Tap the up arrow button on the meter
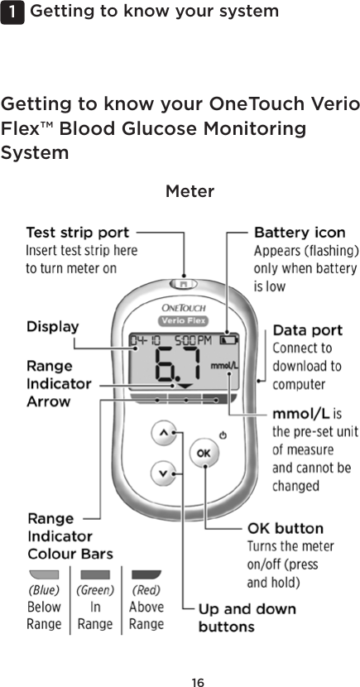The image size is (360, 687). click(x=163, y=432)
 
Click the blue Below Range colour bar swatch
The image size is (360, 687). click(x=43, y=574)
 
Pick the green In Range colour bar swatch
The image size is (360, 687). click(x=95, y=574)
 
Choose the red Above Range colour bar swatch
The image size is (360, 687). click(x=146, y=574)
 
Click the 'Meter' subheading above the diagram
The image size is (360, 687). click(x=190, y=192)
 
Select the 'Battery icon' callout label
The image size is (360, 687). click(x=299, y=233)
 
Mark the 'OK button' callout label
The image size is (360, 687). click(x=286, y=528)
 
